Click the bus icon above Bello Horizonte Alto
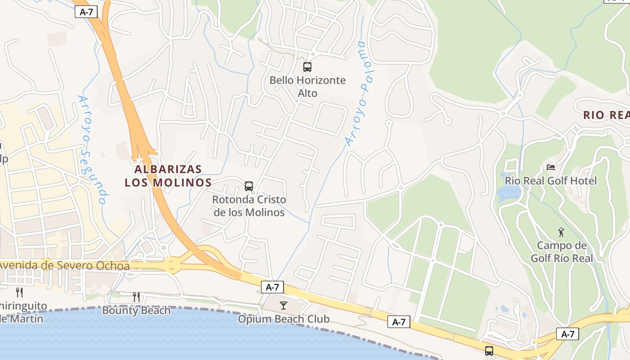tap(307, 67)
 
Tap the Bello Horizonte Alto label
tap(308, 87)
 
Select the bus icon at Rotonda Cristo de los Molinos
tap(249, 186)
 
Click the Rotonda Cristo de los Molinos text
tap(249, 206)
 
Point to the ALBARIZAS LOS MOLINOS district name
tap(168, 176)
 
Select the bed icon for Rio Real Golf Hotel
tap(551, 167)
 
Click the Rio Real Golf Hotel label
tap(551, 181)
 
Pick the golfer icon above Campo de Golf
tap(561, 232)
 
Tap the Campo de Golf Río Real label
tap(562, 252)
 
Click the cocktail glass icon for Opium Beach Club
tap(283, 306)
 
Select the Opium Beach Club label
tap(283, 319)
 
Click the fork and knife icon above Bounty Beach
tap(136, 297)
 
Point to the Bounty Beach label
tap(136, 310)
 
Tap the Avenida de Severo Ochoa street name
tap(64, 265)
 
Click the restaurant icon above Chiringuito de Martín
tap(19, 292)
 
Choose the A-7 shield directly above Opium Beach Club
tap(272, 287)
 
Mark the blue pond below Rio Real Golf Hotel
tap(508, 193)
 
